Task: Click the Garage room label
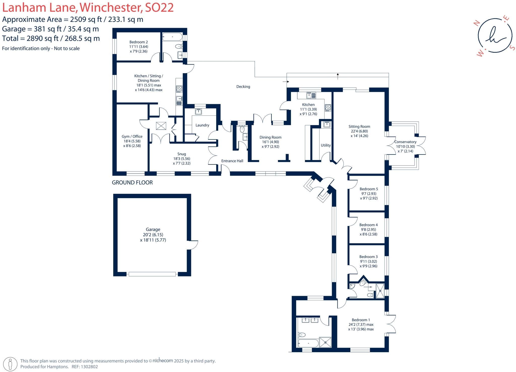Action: click(x=153, y=229)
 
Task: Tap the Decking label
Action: click(x=243, y=87)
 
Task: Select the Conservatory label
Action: click(x=405, y=142)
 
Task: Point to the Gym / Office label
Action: click(x=132, y=137)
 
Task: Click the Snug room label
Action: click(x=181, y=154)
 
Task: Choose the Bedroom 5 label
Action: click(x=369, y=189)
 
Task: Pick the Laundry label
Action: click(x=202, y=125)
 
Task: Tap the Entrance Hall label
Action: click(x=232, y=161)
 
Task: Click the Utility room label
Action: click(x=326, y=145)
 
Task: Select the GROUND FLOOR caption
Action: click(x=132, y=182)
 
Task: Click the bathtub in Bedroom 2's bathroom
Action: click(x=172, y=37)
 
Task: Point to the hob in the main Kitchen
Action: click(x=328, y=108)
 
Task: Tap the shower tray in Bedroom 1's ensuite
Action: click(x=325, y=342)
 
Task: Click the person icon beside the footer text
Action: click(x=10, y=364)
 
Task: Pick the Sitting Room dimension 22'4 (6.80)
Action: click(x=359, y=131)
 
